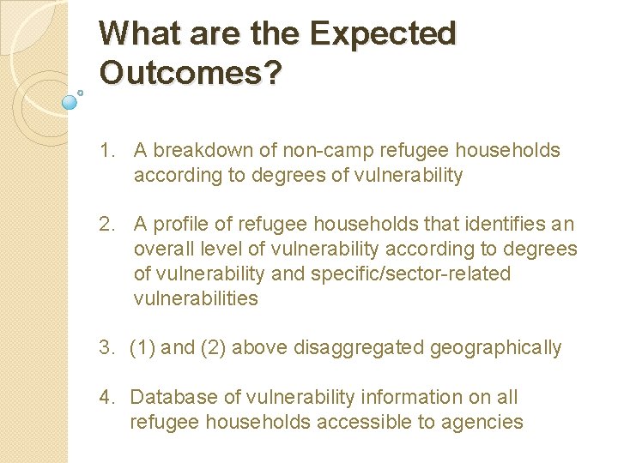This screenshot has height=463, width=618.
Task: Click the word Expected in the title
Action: point(383,34)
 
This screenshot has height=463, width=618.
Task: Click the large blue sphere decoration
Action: point(70,101)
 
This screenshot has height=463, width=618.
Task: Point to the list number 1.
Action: point(106,151)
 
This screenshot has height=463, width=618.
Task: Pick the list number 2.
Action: point(106,225)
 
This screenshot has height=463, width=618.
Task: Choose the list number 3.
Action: point(106,348)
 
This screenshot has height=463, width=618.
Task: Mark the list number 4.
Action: point(106,398)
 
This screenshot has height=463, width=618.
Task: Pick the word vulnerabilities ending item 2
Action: point(196,298)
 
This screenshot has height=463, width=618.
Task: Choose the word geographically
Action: point(496,348)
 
